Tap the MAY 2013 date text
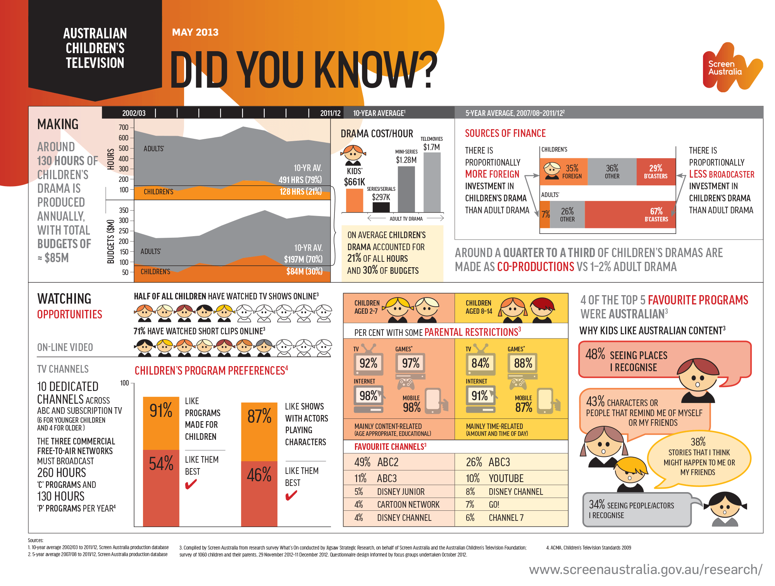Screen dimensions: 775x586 pos(195,32)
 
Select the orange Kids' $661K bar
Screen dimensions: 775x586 pos(354,201)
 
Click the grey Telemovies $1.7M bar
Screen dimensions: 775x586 pos(432,182)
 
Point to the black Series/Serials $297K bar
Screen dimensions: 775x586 pos(381,207)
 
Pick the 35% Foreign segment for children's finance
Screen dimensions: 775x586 pos(564,172)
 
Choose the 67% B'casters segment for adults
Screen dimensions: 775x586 pos(630,214)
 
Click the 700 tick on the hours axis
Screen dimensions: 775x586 pos(124,127)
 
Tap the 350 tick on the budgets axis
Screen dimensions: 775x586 pos(124,210)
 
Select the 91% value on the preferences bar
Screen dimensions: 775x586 pos(161,410)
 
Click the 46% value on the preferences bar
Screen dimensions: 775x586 pos(259,475)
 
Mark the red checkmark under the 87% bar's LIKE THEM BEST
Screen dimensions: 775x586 pos(291,495)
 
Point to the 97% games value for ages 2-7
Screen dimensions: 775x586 pos(411,363)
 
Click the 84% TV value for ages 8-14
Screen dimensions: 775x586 pos(480,363)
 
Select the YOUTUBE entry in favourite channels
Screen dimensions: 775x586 pos(506,478)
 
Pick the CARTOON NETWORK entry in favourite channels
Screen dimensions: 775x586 pos(408,505)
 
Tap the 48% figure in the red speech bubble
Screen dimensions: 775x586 pos(595,354)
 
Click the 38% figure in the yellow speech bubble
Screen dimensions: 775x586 pos(698,442)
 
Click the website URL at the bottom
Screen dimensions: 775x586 pos(646,569)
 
